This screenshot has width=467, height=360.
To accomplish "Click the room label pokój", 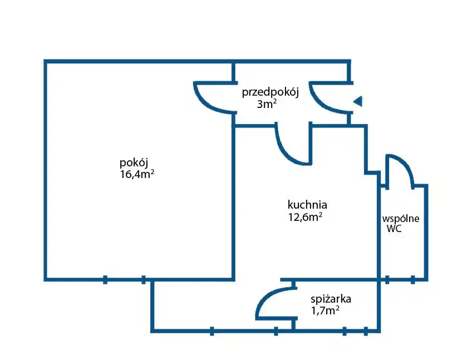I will pos(134,163).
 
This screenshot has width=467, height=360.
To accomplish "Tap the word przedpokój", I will pos(270,92).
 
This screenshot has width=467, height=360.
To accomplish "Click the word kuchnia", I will pos(307,204).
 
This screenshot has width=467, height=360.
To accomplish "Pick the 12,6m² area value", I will pos(305,217).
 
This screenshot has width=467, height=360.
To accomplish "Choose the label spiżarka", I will pos(331,299).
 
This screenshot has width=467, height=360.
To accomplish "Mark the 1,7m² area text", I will pos(326,311).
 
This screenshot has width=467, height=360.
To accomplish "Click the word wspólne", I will pos(401,218).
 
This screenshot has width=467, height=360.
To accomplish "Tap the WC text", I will pos(394,229).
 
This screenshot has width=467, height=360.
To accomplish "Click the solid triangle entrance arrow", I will pos(358,101).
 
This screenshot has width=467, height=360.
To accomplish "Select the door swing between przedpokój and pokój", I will pos(212,97).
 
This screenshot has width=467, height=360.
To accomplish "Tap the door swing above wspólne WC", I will pos(400,170).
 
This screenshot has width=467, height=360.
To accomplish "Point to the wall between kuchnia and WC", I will pos(380,234).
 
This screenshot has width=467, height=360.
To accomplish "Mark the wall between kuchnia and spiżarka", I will pos(334,279).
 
